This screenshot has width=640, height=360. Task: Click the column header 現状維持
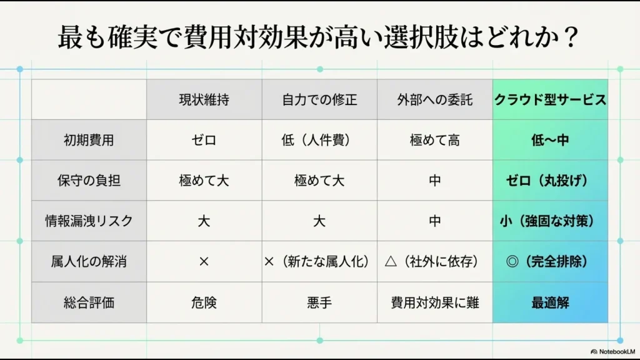click(204, 100)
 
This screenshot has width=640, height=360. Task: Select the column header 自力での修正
click(319, 100)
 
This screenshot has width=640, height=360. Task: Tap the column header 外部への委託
click(435, 100)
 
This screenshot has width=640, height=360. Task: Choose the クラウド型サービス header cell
click(550, 100)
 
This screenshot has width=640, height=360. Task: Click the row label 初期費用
click(89, 140)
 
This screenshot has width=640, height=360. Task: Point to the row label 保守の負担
click(89, 181)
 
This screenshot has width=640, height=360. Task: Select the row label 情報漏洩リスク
click(89, 221)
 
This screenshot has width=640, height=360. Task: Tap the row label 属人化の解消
click(89, 262)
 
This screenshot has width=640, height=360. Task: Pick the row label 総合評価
click(89, 302)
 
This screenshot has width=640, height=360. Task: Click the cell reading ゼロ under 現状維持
click(204, 140)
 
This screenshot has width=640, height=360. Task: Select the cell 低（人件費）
click(319, 140)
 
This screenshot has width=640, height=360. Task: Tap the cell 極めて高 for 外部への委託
click(435, 140)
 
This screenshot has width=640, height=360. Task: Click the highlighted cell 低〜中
click(550, 140)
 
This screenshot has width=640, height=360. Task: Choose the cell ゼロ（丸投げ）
click(550, 181)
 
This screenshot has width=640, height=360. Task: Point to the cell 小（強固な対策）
click(550, 221)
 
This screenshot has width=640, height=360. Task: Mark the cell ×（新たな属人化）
click(319, 262)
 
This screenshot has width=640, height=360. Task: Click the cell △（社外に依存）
click(435, 262)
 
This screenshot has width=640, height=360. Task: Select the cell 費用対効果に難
click(435, 302)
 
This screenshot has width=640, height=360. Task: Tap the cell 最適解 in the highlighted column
click(550, 302)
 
